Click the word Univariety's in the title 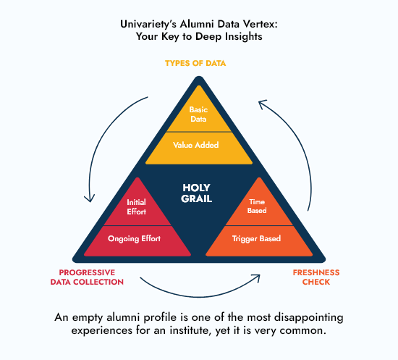click(x=148, y=25)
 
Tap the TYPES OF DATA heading click(x=195, y=63)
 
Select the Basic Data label click(x=198, y=114)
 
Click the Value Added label click(x=195, y=145)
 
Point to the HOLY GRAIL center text click(x=196, y=193)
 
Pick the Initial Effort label click(x=137, y=207)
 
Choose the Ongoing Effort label click(x=135, y=238)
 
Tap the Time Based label click(x=257, y=206)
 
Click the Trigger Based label click(x=256, y=238)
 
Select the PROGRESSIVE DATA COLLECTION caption click(x=87, y=277)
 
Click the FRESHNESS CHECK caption click(x=316, y=277)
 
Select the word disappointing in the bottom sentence click(x=309, y=317)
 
